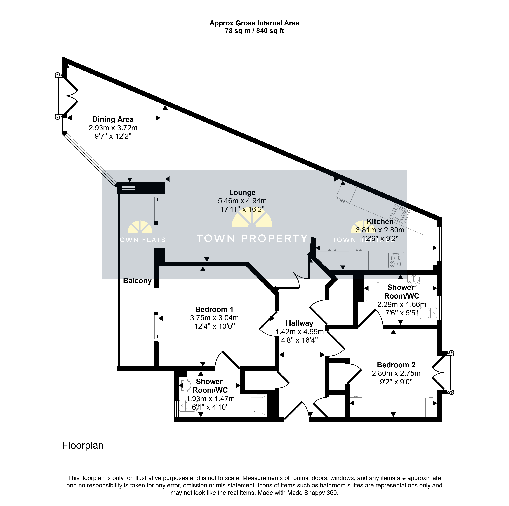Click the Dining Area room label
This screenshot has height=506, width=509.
pos(113,119)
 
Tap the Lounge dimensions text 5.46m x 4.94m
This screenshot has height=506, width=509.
pos(242,201)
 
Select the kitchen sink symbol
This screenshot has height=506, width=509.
pos(400,214)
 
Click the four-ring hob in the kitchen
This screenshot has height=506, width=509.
pos(396,260)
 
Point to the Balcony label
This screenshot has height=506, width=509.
pos(137,281)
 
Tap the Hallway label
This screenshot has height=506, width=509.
pos(300,323)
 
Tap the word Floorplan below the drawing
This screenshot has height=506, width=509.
pos(83,445)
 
